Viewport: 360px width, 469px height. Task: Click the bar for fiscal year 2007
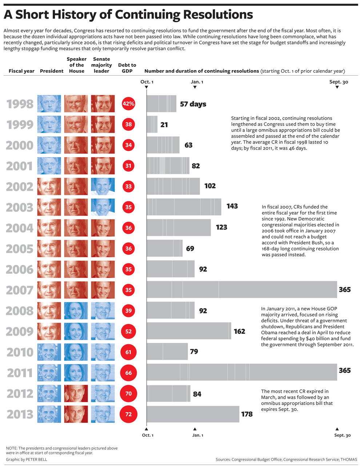click(x=241, y=290)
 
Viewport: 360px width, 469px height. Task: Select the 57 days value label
click(x=193, y=104)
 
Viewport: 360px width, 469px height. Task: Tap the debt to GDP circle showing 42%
click(x=128, y=104)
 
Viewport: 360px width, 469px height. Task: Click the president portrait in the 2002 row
click(x=49, y=187)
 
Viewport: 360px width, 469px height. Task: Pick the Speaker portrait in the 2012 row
click(x=76, y=394)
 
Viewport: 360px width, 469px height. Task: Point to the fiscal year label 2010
click(x=20, y=352)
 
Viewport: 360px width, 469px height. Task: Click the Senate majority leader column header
click(x=101, y=65)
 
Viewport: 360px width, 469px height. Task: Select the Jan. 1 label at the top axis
click(x=197, y=82)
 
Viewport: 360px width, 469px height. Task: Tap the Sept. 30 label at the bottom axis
click(x=343, y=435)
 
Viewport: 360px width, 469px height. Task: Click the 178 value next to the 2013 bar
click(x=247, y=414)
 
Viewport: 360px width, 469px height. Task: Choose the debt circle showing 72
click(x=128, y=414)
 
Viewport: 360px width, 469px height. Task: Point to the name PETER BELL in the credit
click(x=36, y=460)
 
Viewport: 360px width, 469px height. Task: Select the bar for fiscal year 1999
click(x=152, y=124)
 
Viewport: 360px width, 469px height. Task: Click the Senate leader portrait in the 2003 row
click(x=103, y=207)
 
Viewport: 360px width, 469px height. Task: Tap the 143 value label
click(x=232, y=206)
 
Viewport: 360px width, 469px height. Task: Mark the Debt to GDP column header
click(x=127, y=68)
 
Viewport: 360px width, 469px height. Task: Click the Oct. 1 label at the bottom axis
click(x=148, y=435)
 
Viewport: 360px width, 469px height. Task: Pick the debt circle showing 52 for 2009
click(x=128, y=331)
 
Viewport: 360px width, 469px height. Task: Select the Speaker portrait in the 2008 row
click(x=76, y=311)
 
